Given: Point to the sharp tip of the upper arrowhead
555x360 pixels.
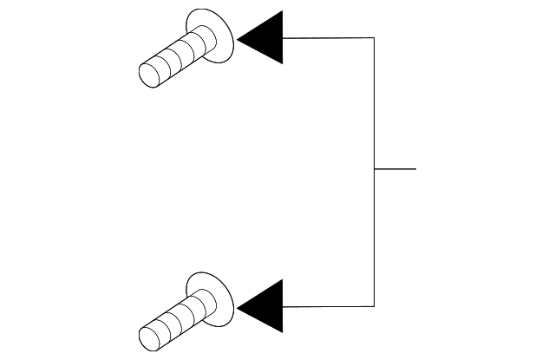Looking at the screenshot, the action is [238, 38].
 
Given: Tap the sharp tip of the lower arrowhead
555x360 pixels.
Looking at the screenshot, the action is [238, 306].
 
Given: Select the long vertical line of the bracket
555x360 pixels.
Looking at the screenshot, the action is [374, 104].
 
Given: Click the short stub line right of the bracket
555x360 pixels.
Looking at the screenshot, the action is [395, 168].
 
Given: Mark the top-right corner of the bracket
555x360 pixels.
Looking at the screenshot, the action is [374, 38].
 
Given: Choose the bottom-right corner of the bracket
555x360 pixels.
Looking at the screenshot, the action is [374, 306].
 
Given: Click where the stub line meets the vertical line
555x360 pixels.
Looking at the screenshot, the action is [374, 168].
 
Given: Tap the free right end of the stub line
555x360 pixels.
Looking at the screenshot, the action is [415, 168].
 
